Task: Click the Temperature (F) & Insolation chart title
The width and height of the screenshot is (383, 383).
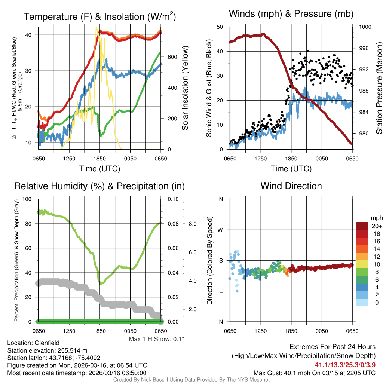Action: tap(99, 17)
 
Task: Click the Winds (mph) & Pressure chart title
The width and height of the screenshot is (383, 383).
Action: tap(291, 14)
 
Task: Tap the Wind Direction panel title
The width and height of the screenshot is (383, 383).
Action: tap(291, 186)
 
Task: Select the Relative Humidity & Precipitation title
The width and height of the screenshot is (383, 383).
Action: tap(99, 186)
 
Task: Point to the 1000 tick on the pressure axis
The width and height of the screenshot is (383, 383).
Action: tap(365, 27)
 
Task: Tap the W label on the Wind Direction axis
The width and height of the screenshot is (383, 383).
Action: tap(221, 230)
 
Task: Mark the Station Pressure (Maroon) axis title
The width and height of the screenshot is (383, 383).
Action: tap(379, 80)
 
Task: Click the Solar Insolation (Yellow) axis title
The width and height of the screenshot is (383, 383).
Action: tap(185, 88)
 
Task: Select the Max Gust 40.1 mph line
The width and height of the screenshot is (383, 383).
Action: tap(314, 373)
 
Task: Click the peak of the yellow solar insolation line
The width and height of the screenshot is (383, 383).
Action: tap(96, 27)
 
